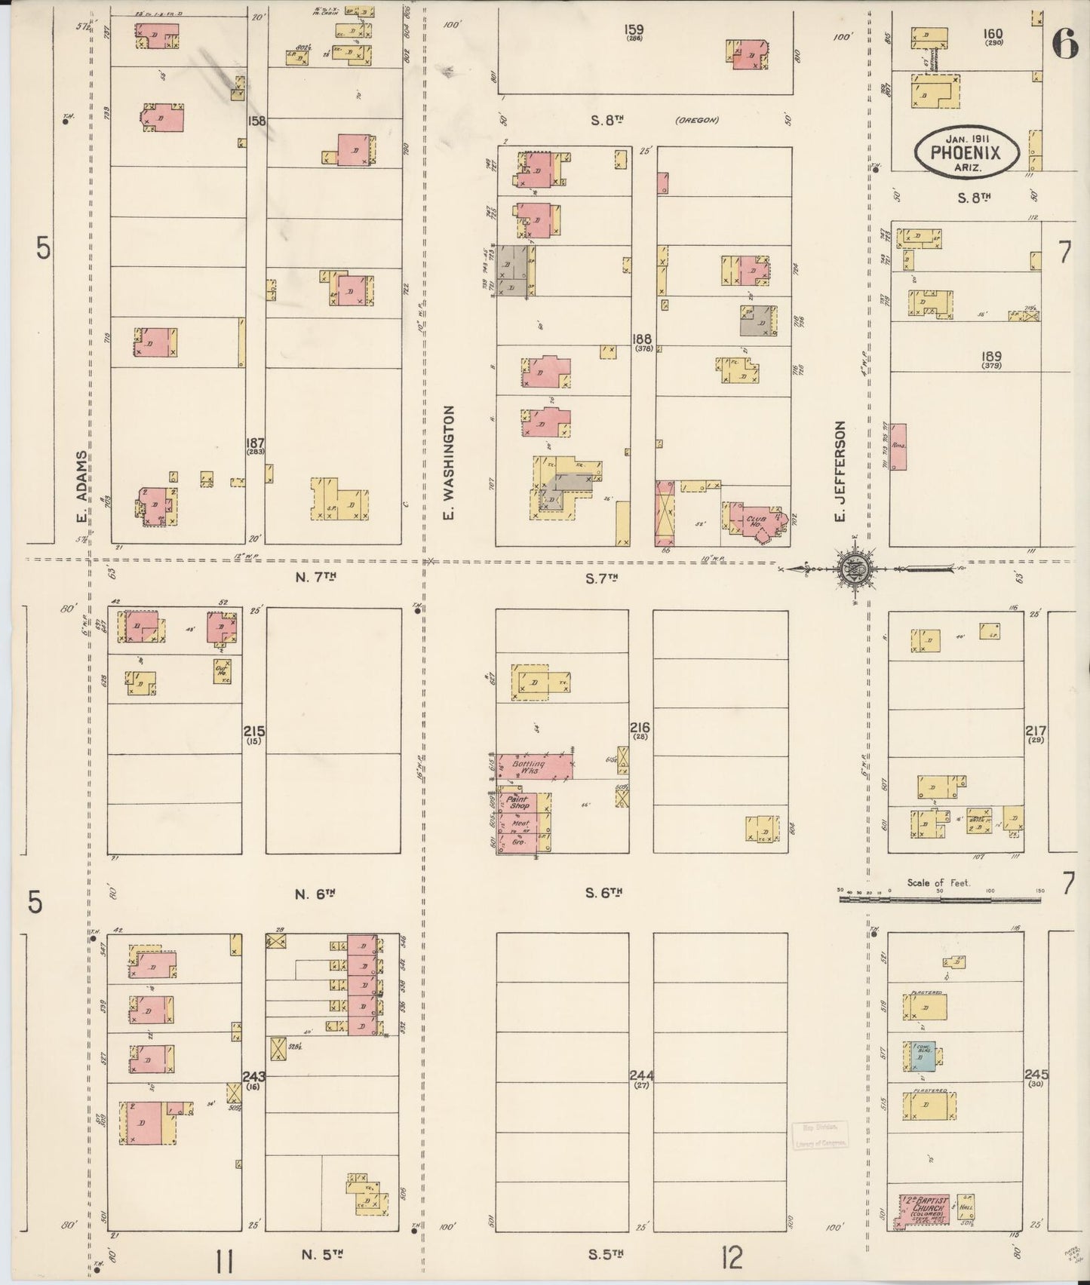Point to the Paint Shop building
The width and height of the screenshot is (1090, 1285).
tap(517, 802)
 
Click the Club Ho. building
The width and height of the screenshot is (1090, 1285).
tap(757, 522)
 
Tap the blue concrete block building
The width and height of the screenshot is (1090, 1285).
tap(920, 1057)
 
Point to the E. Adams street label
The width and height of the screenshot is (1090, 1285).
tap(79, 486)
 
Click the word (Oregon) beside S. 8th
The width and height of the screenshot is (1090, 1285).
tap(695, 120)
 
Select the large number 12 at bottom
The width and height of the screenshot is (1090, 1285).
tap(730, 1257)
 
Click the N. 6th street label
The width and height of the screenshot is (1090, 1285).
tap(315, 894)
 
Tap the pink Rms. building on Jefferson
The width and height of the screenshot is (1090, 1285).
tap(898, 446)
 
